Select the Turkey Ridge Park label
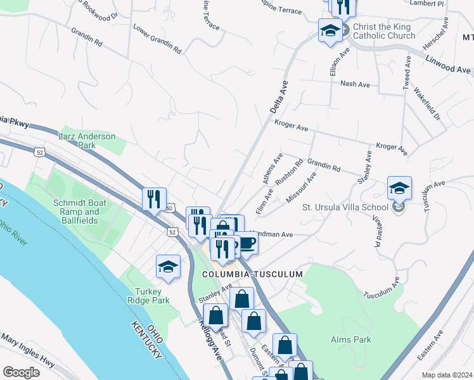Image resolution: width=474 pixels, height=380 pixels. coord(148,296)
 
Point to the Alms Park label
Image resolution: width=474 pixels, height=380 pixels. coord(351,339)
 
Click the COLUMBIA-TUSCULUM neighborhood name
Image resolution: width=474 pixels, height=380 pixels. coord(252,274)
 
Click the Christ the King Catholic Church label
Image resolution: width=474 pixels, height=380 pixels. coord(382,32)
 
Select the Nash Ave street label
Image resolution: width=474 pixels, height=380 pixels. coord(354,84)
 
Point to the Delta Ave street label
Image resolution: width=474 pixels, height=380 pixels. coord(279,96)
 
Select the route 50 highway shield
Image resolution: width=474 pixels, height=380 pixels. coord(169,208)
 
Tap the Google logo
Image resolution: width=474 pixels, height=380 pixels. coord(21,372)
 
